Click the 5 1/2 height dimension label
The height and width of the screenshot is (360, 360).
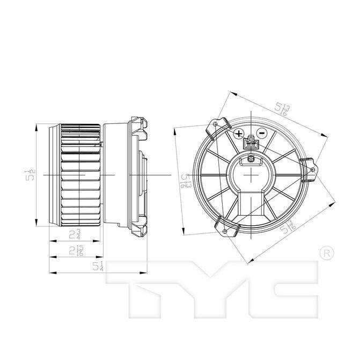tap(31, 175)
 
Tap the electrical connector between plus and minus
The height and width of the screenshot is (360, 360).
tap(250, 144)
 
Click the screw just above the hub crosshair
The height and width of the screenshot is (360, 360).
tap(251, 158)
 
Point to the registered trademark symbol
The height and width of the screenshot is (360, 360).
tap(325, 252)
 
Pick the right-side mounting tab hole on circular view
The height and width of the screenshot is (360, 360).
tap(312, 170)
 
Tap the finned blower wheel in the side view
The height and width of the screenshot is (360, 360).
tap(80, 175)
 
